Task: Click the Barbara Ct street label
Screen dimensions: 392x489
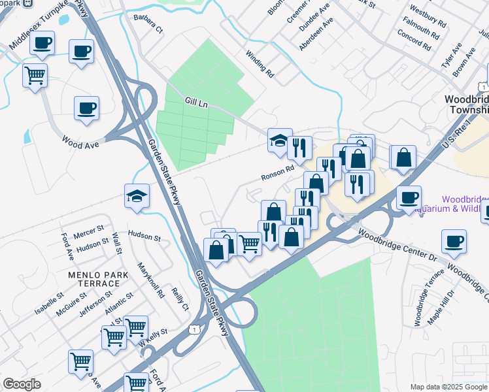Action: pyautogui.click(x=147, y=22)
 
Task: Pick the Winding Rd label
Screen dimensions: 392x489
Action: pyautogui.click(x=260, y=65)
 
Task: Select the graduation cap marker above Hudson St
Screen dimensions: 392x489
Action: pyautogui.click(x=137, y=195)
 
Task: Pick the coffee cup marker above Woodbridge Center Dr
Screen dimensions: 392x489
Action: pyautogui.click(x=454, y=241)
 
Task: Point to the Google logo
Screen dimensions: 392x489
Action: pyautogui.click(x=22, y=384)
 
